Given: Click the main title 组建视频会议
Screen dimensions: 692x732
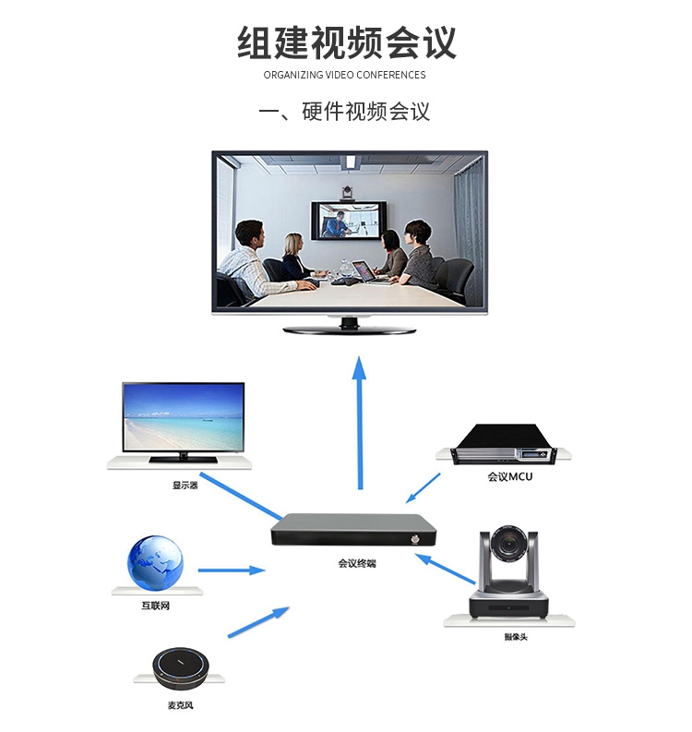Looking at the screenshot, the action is tap(347, 43).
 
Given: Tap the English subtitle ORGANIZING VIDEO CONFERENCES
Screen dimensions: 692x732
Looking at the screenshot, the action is tap(344, 75).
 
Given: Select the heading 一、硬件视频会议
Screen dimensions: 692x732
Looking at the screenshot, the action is tap(344, 112).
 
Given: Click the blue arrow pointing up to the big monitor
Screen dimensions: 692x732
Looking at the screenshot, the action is tap(359, 423).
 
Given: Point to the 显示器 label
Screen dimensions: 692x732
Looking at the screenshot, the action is tap(185, 486).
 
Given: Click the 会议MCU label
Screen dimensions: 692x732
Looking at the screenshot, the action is tap(510, 476).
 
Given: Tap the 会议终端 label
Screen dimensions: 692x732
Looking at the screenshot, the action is tap(357, 563).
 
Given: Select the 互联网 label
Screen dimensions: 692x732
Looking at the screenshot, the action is tap(155, 606).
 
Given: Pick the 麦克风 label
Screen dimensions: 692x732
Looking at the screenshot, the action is tap(180, 705).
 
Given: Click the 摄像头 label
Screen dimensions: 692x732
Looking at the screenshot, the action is tap(516, 636).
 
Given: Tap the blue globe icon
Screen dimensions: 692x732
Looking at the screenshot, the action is tap(155, 563).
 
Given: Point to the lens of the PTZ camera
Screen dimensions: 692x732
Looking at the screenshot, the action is tap(508, 544).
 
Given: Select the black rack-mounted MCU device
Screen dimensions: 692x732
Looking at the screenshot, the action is tap(505, 444).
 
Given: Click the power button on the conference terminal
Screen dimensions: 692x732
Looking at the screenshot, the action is tap(415, 540).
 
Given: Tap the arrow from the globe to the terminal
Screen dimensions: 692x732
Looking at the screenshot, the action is tap(232, 570).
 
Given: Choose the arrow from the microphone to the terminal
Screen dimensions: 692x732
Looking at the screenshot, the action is tap(258, 622).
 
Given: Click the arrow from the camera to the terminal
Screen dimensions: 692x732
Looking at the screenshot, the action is tap(445, 568).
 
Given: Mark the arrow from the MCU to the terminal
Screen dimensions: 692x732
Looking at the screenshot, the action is tap(423, 488).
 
